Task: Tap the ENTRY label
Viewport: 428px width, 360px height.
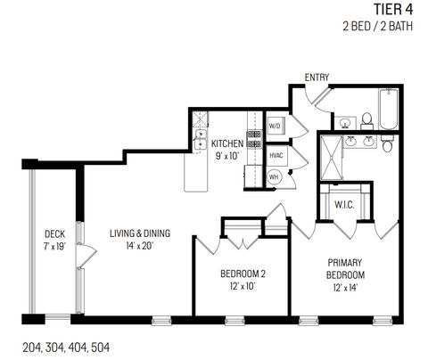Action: click(317, 78)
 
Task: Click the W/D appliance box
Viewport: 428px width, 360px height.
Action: click(275, 127)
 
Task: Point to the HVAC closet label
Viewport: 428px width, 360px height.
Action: click(276, 155)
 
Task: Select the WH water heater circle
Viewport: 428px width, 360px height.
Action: click(275, 176)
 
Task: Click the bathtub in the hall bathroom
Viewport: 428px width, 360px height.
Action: click(390, 115)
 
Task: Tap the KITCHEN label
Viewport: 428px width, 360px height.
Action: click(226, 143)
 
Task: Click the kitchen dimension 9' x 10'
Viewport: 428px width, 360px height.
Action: click(226, 156)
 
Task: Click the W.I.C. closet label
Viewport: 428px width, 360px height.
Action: click(346, 204)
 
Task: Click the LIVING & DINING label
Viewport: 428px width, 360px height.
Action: click(140, 233)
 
